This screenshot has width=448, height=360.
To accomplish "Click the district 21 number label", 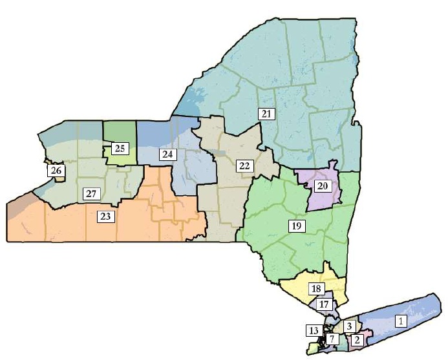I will click(266, 114).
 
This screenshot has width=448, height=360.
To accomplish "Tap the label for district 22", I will click(244, 166).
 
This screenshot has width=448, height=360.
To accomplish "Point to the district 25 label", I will click(120, 149).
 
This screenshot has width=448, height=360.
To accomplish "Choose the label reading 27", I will click(91, 194).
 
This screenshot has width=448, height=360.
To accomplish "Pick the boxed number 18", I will click(316, 288).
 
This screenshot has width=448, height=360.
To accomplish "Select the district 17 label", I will click(325, 304).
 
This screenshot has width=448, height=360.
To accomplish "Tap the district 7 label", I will click(332, 339).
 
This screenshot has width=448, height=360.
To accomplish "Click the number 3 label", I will click(349, 326).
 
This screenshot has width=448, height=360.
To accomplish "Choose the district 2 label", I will click(357, 339).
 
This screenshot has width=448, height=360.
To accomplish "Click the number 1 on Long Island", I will click(401, 321).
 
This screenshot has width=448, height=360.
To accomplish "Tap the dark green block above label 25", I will click(120, 131).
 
